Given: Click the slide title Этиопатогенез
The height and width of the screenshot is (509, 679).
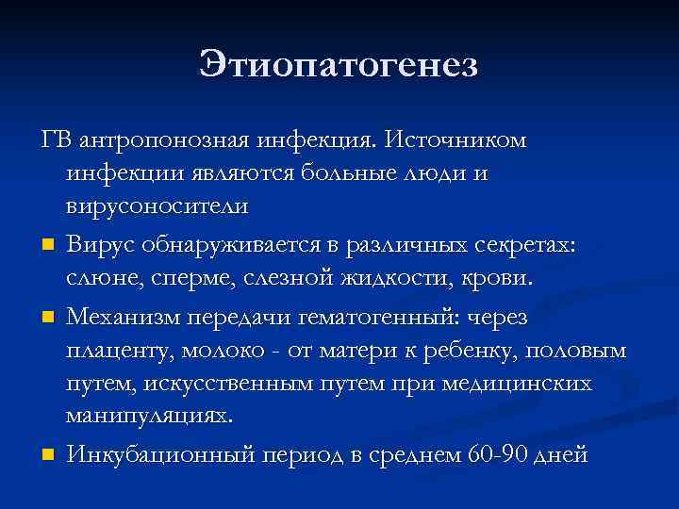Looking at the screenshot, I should (x=339, y=65).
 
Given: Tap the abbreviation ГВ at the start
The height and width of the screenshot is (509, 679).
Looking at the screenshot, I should (x=57, y=140).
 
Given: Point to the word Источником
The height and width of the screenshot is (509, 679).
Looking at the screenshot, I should (x=457, y=140).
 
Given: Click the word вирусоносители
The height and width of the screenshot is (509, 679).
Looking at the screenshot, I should (x=157, y=204).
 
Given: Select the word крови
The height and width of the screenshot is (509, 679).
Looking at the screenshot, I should (x=499, y=279).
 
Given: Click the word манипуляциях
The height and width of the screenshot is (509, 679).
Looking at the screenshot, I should (x=148, y=416).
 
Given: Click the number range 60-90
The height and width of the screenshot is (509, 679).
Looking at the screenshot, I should (x=497, y=456).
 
